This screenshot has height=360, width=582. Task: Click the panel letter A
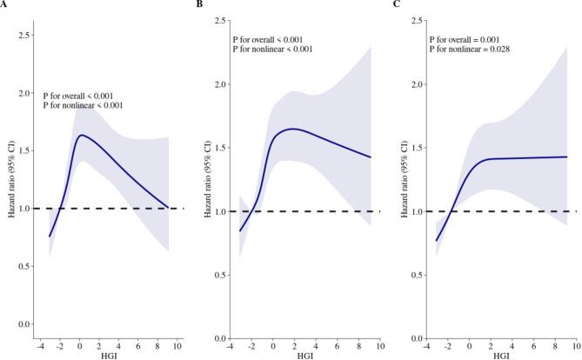click(4, 4)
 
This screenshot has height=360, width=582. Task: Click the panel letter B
click(201, 4)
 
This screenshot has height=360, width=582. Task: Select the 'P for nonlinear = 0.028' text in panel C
click(471, 50)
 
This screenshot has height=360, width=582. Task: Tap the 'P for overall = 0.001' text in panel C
click(467, 39)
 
